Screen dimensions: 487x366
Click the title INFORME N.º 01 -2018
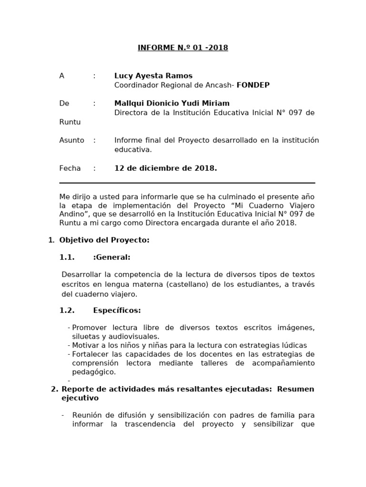pyautogui.click(x=183, y=48)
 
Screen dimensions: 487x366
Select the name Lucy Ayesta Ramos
pyautogui.click(x=153, y=76)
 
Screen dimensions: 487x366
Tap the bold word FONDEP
pyautogui.click(x=253, y=85)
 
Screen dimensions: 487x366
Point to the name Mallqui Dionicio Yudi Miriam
pyautogui.click(x=172, y=103)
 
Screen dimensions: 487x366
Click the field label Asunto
pyautogui.click(x=71, y=140)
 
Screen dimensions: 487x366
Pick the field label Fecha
pyautogui.click(x=70, y=168)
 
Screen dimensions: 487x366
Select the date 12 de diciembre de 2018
pyautogui.click(x=165, y=168)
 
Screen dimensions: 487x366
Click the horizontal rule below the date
pyautogui.click(x=187, y=183)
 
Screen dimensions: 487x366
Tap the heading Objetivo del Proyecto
pyautogui.click(x=104, y=240)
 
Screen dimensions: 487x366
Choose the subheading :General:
pyautogui.click(x=112, y=257)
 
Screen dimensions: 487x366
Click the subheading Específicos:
pyautogui.click(x=117, y=311)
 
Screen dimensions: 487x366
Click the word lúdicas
pyautogui.click(x=293, y=345)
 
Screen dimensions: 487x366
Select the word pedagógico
pyautogui.click(x=94, y=372)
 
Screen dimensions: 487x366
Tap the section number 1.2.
pyautogui.click(x=67, y=311)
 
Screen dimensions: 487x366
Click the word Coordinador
pyautogui.click(x=136, y=85)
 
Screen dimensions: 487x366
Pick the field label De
pyautogui.click(x=64, y=103)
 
